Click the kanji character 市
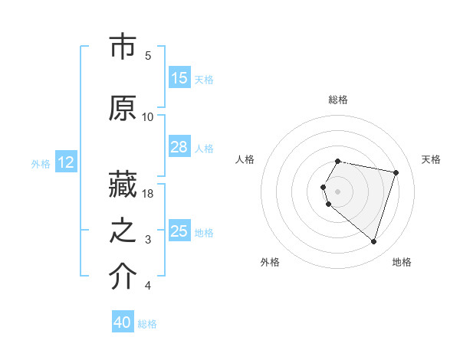tap(123, 47)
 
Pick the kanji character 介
tap(123, 278)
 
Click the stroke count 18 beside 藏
tap(148, 193)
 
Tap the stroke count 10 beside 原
tap(148, 116)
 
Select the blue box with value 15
tap(179, 78)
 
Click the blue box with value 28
tap(179, 147)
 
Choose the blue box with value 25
tap(179, 231)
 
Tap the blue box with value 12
tap(66, 162)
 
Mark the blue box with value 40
tap(123, 322)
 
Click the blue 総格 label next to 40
tap(147, 324)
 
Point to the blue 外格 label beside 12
tap(41, 163)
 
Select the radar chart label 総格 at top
tap(338, 100)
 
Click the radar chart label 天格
tap(431, 159)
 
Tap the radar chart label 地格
tap(402, 262)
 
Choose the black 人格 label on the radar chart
tap(245, 159)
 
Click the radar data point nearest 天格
tap(396, 172)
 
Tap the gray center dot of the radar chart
tap(338, 191)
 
